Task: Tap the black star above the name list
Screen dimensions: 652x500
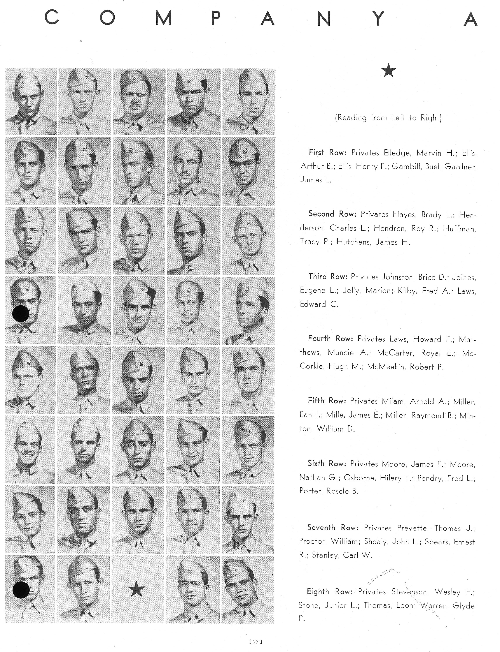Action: [x=388, y=72]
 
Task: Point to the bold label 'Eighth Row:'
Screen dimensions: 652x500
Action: [x=329, y=592]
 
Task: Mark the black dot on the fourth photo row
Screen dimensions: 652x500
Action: [x=21, y=314]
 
